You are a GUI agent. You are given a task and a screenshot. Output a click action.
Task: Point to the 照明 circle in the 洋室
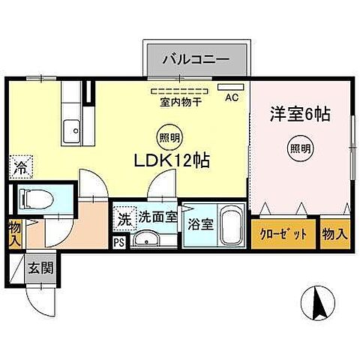click(299, 149)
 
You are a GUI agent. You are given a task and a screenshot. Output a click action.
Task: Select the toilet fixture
click(33, 199)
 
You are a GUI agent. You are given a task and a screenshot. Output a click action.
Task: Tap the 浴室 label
click(199, 223)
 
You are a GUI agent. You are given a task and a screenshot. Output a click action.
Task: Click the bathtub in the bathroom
click(230, 223)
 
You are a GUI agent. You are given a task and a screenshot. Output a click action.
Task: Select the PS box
click(119, 242)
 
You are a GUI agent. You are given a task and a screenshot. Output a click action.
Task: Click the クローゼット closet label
click(284, 234)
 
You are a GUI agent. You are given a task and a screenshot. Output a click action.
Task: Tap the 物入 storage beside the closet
click(335, 234)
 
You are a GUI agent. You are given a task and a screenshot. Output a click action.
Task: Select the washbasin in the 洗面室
click(147, 239)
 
